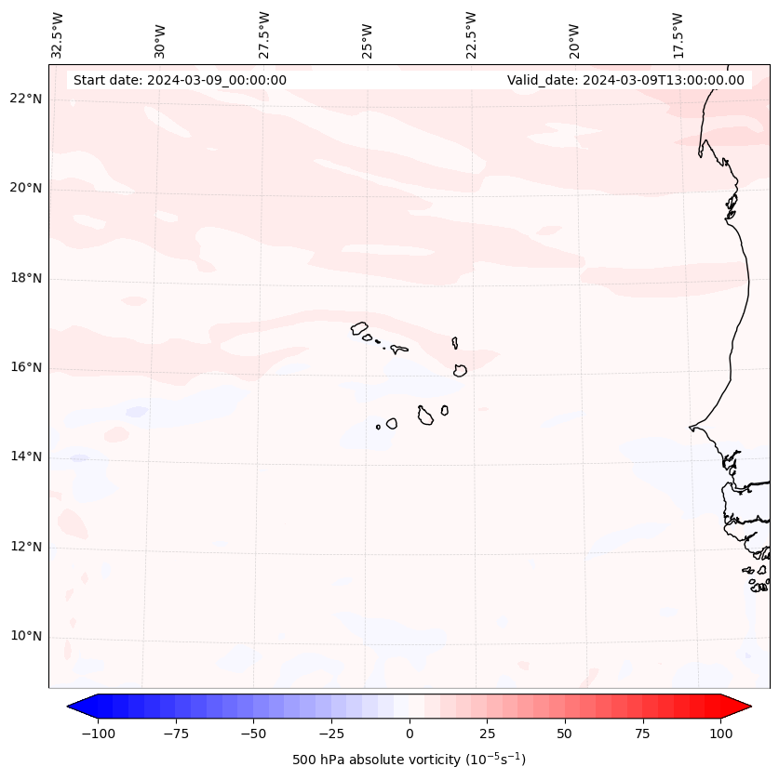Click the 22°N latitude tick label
click(26, 99)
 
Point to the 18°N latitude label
click(26, 279)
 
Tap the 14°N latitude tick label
click(26, 457)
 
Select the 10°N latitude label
click(26, 637)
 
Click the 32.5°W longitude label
click(58, 35)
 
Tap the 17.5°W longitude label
click(678, 35)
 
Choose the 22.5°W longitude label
click(471, 35)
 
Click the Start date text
click(180, 80)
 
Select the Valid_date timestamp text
click(625, 80)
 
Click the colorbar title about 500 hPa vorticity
click(409, 760)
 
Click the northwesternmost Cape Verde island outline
click(359, 328)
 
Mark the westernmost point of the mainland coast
click(690, 428)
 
